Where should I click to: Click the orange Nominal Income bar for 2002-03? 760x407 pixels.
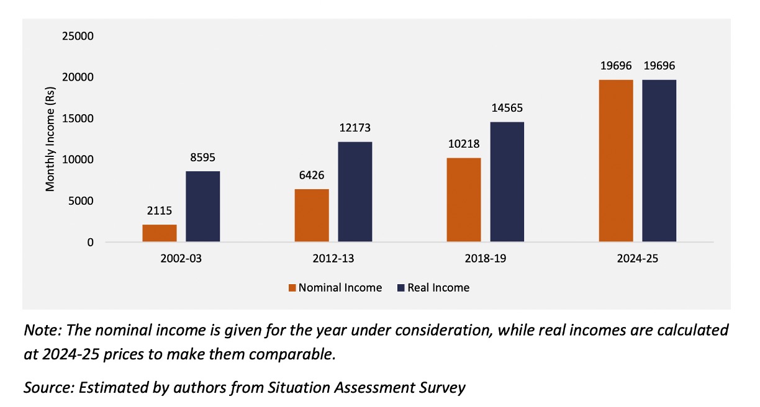click(160, 233)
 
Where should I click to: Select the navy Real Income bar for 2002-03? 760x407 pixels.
click(203, 207)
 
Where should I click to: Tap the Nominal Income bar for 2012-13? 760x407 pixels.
click(312, 215)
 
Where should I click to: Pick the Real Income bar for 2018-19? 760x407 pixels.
click(507, 182)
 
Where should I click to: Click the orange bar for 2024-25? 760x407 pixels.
click(616, 161)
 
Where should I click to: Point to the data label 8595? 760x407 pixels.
click(202, 157)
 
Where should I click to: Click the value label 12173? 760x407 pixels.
click(355, 128)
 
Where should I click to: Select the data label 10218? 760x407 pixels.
click(464, 144)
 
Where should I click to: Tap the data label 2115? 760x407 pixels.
click(160, 211)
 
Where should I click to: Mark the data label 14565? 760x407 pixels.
click(507, 108)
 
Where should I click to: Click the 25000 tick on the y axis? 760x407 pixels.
click(78, 36)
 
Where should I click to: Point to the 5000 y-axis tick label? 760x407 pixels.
click(81, 201)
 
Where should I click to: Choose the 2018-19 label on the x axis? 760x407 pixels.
click(486, 259)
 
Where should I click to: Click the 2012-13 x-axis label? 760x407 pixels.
click(333, 259)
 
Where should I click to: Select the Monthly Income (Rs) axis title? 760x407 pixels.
click(50, 139)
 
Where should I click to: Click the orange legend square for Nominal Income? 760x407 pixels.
click(292, 288)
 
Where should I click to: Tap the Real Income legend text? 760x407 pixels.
click(438, 288)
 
